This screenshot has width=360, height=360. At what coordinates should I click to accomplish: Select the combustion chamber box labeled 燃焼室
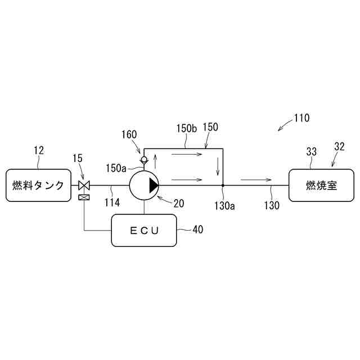tap(322, 185)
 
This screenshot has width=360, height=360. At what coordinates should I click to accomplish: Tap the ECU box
tap(145, 229)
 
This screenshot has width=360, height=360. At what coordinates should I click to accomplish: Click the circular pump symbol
tap(145, 185)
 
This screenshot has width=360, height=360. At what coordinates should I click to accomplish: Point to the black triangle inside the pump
tap(152, 185)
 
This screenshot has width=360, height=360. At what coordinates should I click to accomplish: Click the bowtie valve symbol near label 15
tap(84, 185)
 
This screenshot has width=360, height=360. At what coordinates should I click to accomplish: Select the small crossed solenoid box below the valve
tap(84, 197)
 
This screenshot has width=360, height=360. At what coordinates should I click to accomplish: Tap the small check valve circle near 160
tap(145, 160)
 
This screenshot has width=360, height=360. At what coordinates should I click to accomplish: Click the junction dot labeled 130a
tap(223, 185)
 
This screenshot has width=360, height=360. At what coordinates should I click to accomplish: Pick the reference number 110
tap(301, 119)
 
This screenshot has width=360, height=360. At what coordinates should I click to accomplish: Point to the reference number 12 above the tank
tap(38, 150)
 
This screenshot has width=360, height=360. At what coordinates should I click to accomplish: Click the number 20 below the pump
tap(179, 204)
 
